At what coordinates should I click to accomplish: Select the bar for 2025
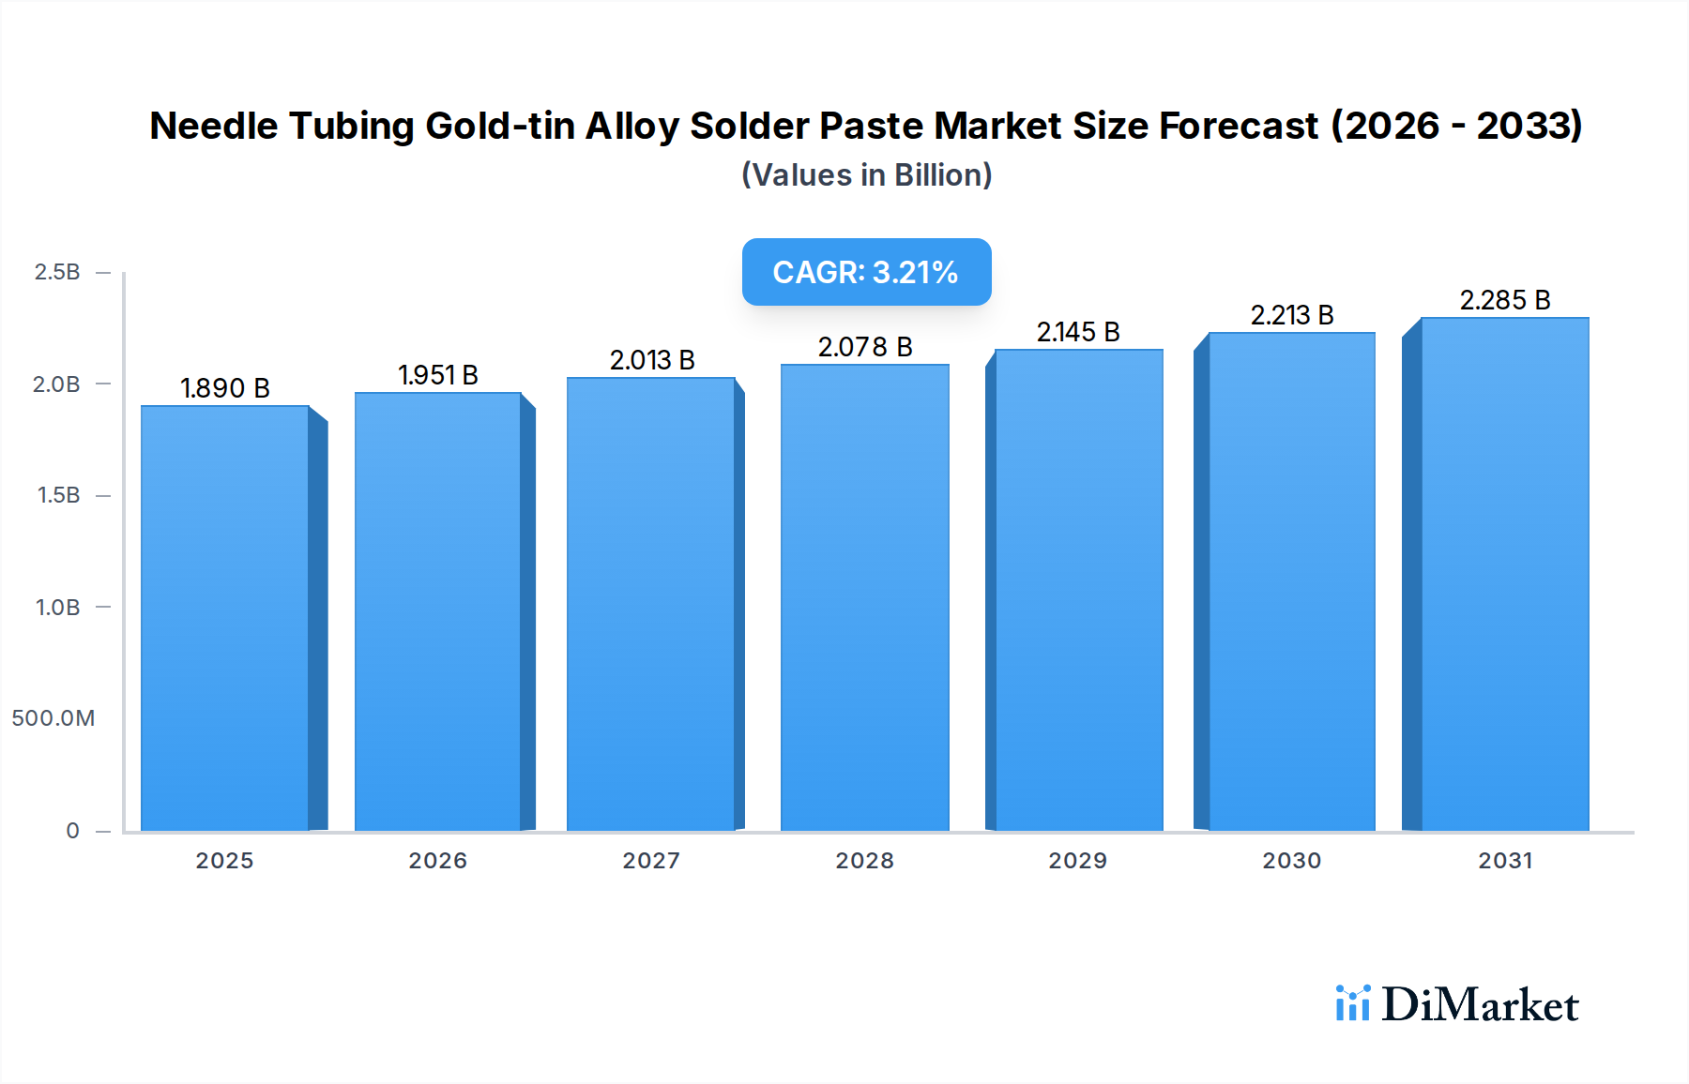point(225,618)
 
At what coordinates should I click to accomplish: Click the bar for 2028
point(864,597)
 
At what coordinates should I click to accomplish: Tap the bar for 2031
point(1505,574)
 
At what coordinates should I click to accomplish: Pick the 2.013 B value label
point(652,360)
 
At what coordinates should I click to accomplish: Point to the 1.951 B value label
point(438,375)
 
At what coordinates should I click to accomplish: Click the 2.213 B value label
point(1292,315)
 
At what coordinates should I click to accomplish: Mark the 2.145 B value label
point(1078,332)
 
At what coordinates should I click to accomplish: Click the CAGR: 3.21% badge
point(866,272)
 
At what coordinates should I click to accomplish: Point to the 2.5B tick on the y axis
point(57,272)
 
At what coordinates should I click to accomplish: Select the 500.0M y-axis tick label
point(53,718)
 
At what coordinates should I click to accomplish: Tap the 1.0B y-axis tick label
point(57,608)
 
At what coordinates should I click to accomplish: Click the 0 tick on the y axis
point(72,831)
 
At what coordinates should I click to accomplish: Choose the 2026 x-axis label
point(437,861)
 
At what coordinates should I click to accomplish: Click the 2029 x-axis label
point(1077,861)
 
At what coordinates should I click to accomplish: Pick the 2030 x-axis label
point(1291,861)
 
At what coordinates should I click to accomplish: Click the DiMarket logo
point(1456,1004)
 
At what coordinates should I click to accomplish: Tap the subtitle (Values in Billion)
point(866,175)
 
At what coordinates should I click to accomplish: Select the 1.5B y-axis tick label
point(58,495)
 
